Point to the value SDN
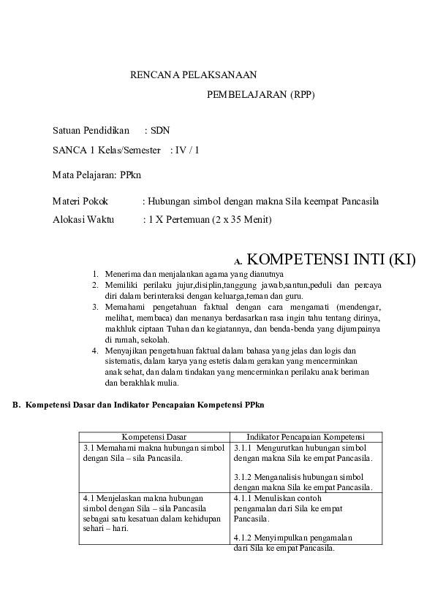pos(160,131)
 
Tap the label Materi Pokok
pos(80,201)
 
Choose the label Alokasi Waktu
pos(84,219)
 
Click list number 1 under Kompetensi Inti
pos(95,274)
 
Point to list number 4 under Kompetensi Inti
pos(95,350)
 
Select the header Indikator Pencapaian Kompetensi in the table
pos(306,436)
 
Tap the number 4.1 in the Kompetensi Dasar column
pos(89,497)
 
